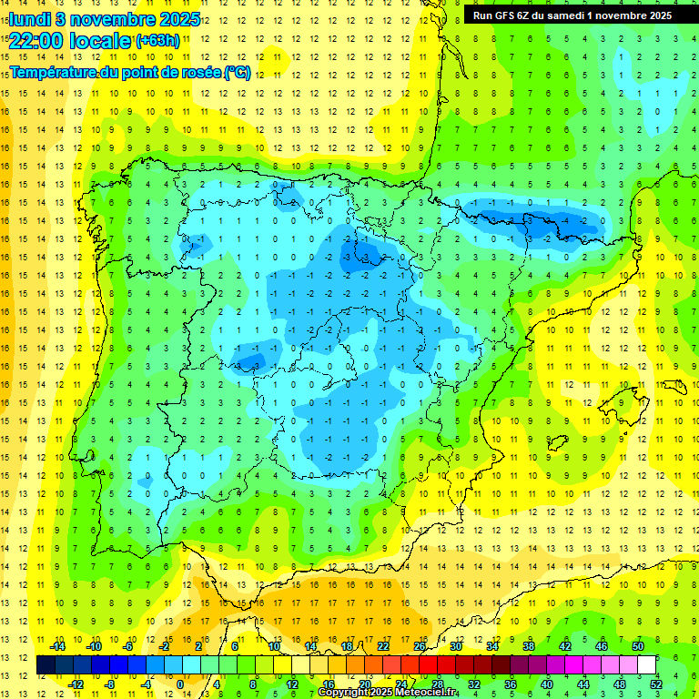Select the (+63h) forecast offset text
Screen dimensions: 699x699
click(x=157, y=41)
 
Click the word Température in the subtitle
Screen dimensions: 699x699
click(x=56, y=72)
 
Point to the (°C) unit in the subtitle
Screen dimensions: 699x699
click(x=238, y=72)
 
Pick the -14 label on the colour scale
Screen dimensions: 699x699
click(x=58, y=646)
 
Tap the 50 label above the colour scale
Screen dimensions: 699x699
click(x=637, y=646)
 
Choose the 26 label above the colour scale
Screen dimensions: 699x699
click(x=420, y=646)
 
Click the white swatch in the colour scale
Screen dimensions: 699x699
click(x=647, y=665)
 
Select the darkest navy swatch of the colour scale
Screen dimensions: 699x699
click(x=46, y=665)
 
